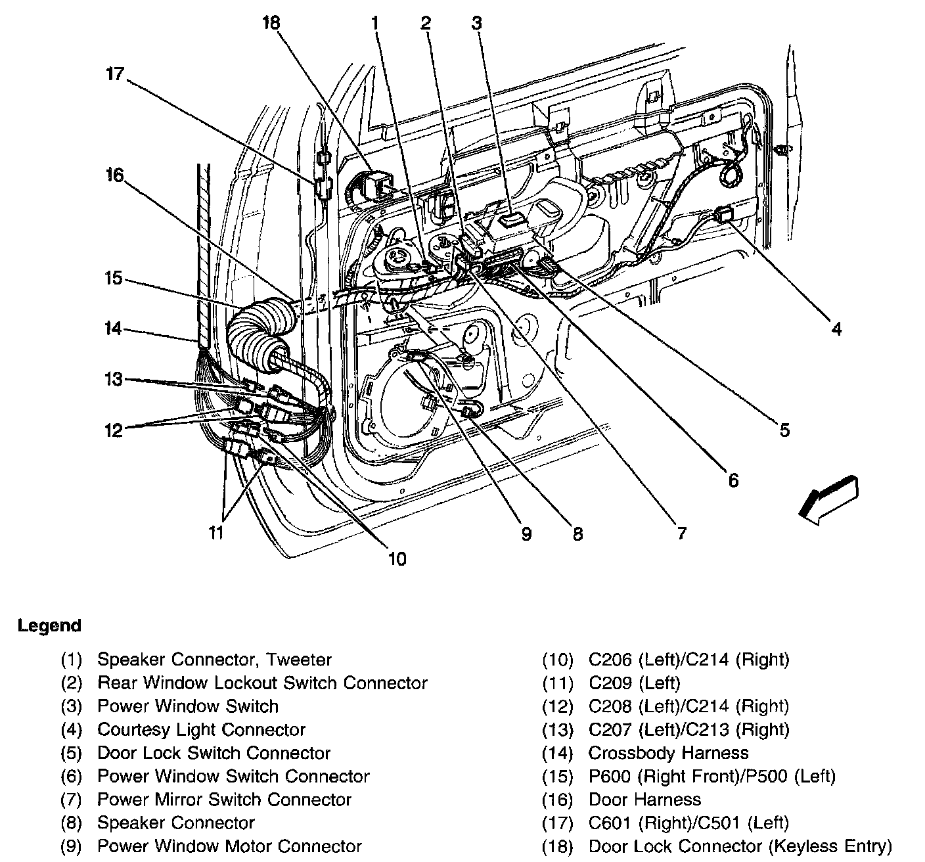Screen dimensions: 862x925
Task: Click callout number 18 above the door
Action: (x=271, y=24)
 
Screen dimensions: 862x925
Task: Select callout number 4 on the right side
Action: (x=836, y=329)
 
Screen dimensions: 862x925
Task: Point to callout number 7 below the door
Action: (x=681, y=532)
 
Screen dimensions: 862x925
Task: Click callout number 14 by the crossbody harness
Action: (x=114, y=329)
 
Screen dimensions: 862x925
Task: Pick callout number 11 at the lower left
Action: (x=216, y=532)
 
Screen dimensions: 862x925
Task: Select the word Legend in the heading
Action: (x=49, y=625)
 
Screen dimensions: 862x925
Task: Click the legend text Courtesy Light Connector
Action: (x=201, y=729)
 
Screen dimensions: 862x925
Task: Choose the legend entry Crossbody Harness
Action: (x=668, y=753)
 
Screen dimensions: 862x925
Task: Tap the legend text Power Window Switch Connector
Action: (x=233, y=776)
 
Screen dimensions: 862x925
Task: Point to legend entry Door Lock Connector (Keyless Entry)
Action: (x=740, y=846)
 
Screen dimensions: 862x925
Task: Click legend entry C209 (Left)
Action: (x=634, y=683)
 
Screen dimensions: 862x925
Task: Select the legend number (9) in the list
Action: (x=71, y=846)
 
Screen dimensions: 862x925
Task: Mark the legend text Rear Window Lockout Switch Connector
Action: (x=262, y=683)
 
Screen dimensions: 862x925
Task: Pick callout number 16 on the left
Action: (x=114, y=175)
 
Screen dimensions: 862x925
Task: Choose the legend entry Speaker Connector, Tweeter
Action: (x=214, y=659)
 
